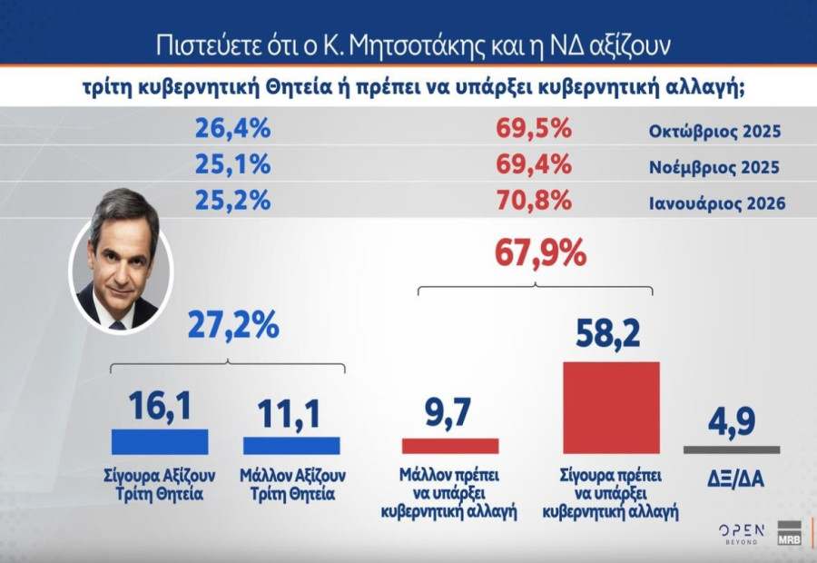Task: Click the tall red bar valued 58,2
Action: pos(611,408)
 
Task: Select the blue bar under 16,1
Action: pos(160,441)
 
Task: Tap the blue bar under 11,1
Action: pos(291,445)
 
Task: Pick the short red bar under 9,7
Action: pos(450,446)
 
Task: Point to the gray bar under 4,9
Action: pos(731,449)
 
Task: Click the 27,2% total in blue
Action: pos(233,324)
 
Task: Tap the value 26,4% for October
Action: pos(232,129)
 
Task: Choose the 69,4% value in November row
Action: pos(534,165)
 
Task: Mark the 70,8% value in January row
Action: pos(534,200)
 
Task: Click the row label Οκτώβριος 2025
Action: pos(714,132)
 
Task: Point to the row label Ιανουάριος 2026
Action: pos(716,202)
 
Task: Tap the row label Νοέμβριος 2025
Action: pos(714,168)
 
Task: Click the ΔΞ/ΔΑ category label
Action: pos(731,478)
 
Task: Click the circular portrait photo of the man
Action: pos(121,261)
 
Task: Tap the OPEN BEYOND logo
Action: pos(742,534)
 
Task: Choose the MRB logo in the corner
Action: pos(789,534)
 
